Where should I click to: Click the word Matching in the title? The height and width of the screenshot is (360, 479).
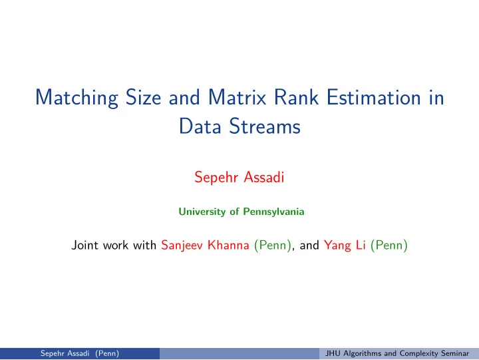[77, 98]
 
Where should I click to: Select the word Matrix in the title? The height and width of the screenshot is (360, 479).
[237, 98]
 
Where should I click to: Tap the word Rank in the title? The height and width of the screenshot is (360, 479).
[296, 98]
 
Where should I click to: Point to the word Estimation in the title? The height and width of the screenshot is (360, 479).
[374, 98]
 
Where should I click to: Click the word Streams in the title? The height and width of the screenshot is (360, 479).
[265, 126]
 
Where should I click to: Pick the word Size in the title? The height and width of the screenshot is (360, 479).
[143, 98]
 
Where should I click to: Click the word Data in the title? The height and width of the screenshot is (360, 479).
[200, 126]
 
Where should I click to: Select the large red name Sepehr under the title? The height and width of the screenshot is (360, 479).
[216, 178]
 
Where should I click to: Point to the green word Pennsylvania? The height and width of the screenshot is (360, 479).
[273, 212]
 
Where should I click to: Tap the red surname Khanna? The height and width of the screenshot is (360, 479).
[228, 245]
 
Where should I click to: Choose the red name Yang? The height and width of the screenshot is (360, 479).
[337, 246]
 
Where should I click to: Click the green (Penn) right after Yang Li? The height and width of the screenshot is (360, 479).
[389, 246]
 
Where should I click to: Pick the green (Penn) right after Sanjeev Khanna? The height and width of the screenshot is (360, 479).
[273, 246]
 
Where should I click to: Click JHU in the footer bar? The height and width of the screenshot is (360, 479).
[333, 353]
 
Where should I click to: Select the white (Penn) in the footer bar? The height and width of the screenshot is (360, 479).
[107, 353]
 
